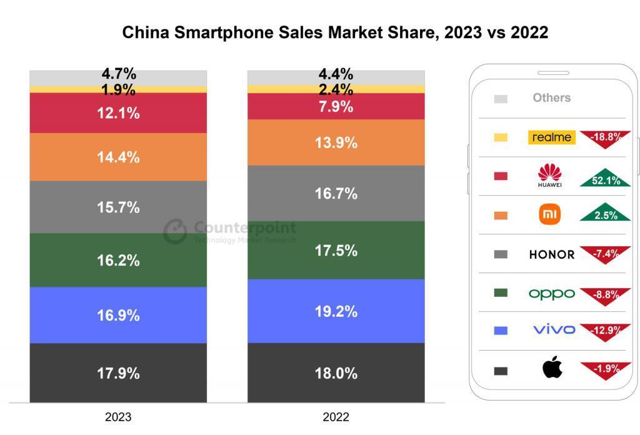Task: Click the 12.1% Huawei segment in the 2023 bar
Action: point(118,113)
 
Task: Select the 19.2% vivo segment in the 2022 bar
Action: point(336,311)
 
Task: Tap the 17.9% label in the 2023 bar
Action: point(118,374)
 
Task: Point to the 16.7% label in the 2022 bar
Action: point(336,194)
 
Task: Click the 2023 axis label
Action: point(118,417)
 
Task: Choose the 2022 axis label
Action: point(336,417)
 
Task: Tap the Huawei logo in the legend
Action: point(550,176)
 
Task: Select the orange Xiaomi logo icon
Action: point(550,215)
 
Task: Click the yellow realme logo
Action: point(551,137)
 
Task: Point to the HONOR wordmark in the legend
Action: point(551,254)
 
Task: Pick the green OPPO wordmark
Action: point(551,293)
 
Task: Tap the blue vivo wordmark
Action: point(554,329)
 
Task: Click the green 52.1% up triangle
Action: point(604,179)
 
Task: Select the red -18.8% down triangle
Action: point(604,138)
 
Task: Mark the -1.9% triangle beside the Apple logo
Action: point(604,370)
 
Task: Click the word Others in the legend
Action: point(551,97)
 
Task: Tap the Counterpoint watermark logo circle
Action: point(176,231)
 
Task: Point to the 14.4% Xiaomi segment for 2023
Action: point(118,157)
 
